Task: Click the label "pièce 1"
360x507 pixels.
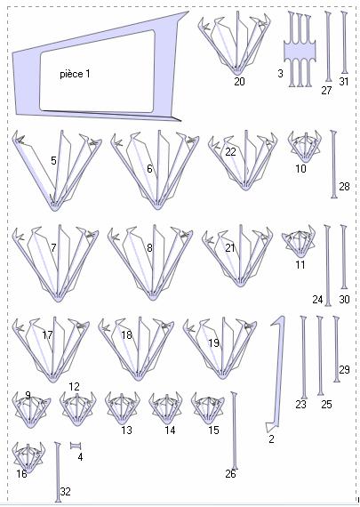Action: pyautogui.click(x=75, y=74)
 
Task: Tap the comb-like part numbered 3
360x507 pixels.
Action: pyautogui.click(x=300, y=50)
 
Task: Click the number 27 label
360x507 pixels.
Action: pyautogui.click(x=326, y=91)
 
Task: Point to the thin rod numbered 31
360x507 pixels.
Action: pyautogui.click(x=345, y=43)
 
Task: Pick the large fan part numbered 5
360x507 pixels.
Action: pyautogui.click(x=57, y=171)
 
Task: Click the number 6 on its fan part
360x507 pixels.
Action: pyautogui.click(x=149, y=168)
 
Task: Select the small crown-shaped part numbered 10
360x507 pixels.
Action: pyautogui.click(x=304, y=146)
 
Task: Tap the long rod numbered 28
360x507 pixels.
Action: pyautogui.click(x=334, y=164)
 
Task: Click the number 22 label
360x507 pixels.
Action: pyautogui.click(x=230, y=151)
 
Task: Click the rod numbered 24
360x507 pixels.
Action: pyautogui.click(x=328, y=265)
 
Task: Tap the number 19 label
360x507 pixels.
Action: pyautogui.click(x=213, y=343)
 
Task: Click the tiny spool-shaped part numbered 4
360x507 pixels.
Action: pyautogui.click(x=76, y=446)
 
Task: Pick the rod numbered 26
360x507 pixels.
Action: pyautogui.click(x=235, y=431)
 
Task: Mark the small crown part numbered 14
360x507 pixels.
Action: pyautogui.click(x=166, y=408)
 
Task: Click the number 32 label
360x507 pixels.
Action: pyautogui.click(x=65, y=492)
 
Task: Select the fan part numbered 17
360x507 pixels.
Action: pyautogui.click(x=51, y=350)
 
